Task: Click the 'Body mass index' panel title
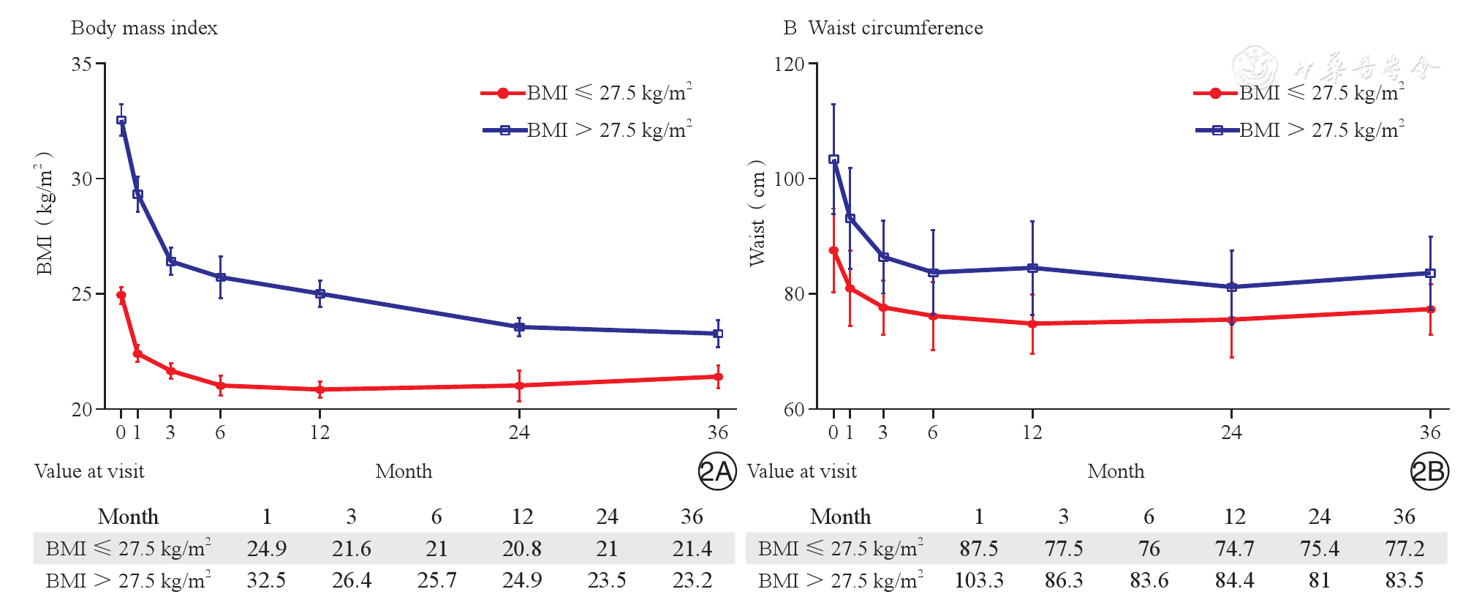pos(144,28)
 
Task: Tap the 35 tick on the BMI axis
pos(82,64)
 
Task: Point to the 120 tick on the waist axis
pos(789,64)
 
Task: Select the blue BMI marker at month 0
pos(121,120)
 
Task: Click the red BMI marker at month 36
pos(718,377)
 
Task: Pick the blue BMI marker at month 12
pos(320,293)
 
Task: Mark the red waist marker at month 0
pos(833,250)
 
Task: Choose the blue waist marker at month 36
pos(1431,273)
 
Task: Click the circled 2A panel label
pos(717,471)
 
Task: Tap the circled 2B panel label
pos(1429,471)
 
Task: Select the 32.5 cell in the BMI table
pos(266,580)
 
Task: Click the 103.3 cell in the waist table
pos(978,580)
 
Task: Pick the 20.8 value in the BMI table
pos(522,549)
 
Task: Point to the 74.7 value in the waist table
pos(1234,549)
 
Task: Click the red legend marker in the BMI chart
pos(503,93)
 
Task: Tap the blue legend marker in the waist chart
pos(1217,130)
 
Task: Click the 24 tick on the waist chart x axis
pos(1231,432)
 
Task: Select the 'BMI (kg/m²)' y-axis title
pos(45,214)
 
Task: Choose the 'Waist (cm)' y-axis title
pos(757,214)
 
